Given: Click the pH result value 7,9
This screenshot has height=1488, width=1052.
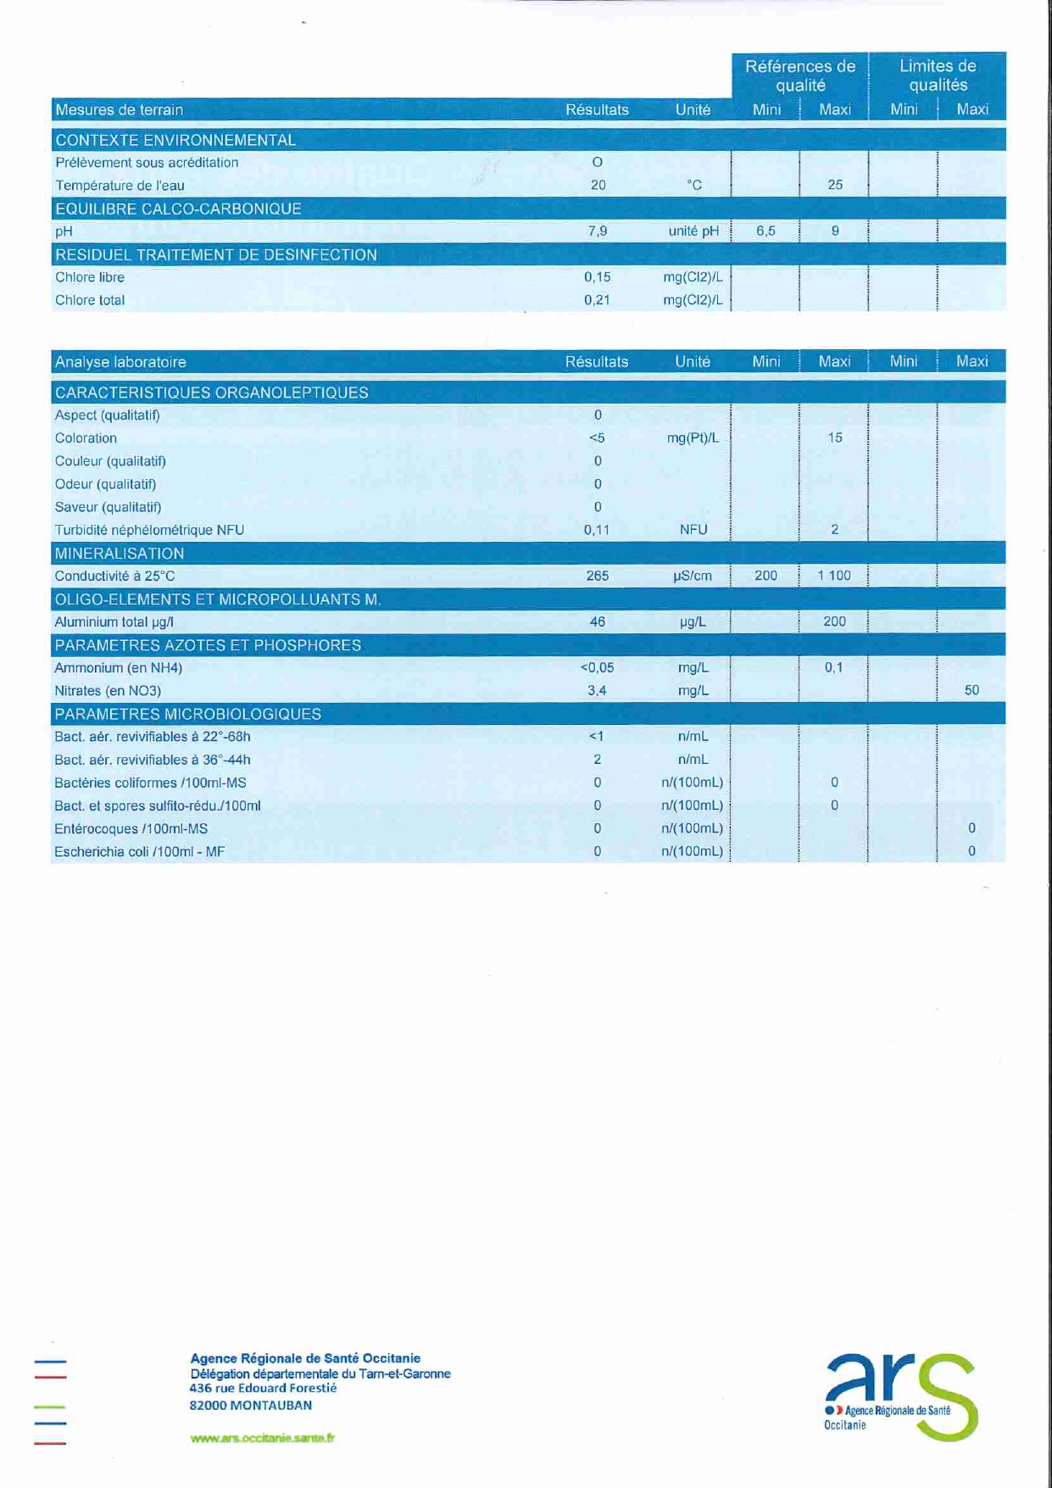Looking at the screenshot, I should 598,231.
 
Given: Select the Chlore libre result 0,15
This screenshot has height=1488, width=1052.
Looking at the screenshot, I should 598,277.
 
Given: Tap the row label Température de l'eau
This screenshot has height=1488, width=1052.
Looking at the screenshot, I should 120,186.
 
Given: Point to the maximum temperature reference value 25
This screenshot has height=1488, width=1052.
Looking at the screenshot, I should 835,185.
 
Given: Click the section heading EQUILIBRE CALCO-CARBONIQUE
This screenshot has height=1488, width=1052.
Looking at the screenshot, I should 178,209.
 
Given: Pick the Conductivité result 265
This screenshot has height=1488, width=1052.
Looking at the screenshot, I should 598,576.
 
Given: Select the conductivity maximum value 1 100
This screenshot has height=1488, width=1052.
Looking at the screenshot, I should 834,576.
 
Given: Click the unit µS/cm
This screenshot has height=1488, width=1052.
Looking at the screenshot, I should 693,576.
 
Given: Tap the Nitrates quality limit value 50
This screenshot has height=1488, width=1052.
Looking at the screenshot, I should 971,690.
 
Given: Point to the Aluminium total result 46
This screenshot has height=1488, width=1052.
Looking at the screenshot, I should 598,621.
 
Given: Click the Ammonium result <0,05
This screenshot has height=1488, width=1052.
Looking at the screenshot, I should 597,667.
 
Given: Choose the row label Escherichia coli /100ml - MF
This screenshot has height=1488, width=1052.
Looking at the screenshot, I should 140,851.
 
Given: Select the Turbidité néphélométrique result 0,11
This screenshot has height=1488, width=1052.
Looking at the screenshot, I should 597,530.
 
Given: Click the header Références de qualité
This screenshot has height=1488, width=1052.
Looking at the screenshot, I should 800,75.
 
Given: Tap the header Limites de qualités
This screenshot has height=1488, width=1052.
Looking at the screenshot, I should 938,75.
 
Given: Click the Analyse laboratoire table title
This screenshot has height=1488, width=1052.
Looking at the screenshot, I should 120,362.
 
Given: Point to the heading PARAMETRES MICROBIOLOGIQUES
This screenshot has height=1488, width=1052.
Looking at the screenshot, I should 187,714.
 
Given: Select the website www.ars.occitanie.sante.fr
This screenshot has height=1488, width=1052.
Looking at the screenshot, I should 262,1437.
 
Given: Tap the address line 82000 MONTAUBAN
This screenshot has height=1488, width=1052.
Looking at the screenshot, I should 251,1405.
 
